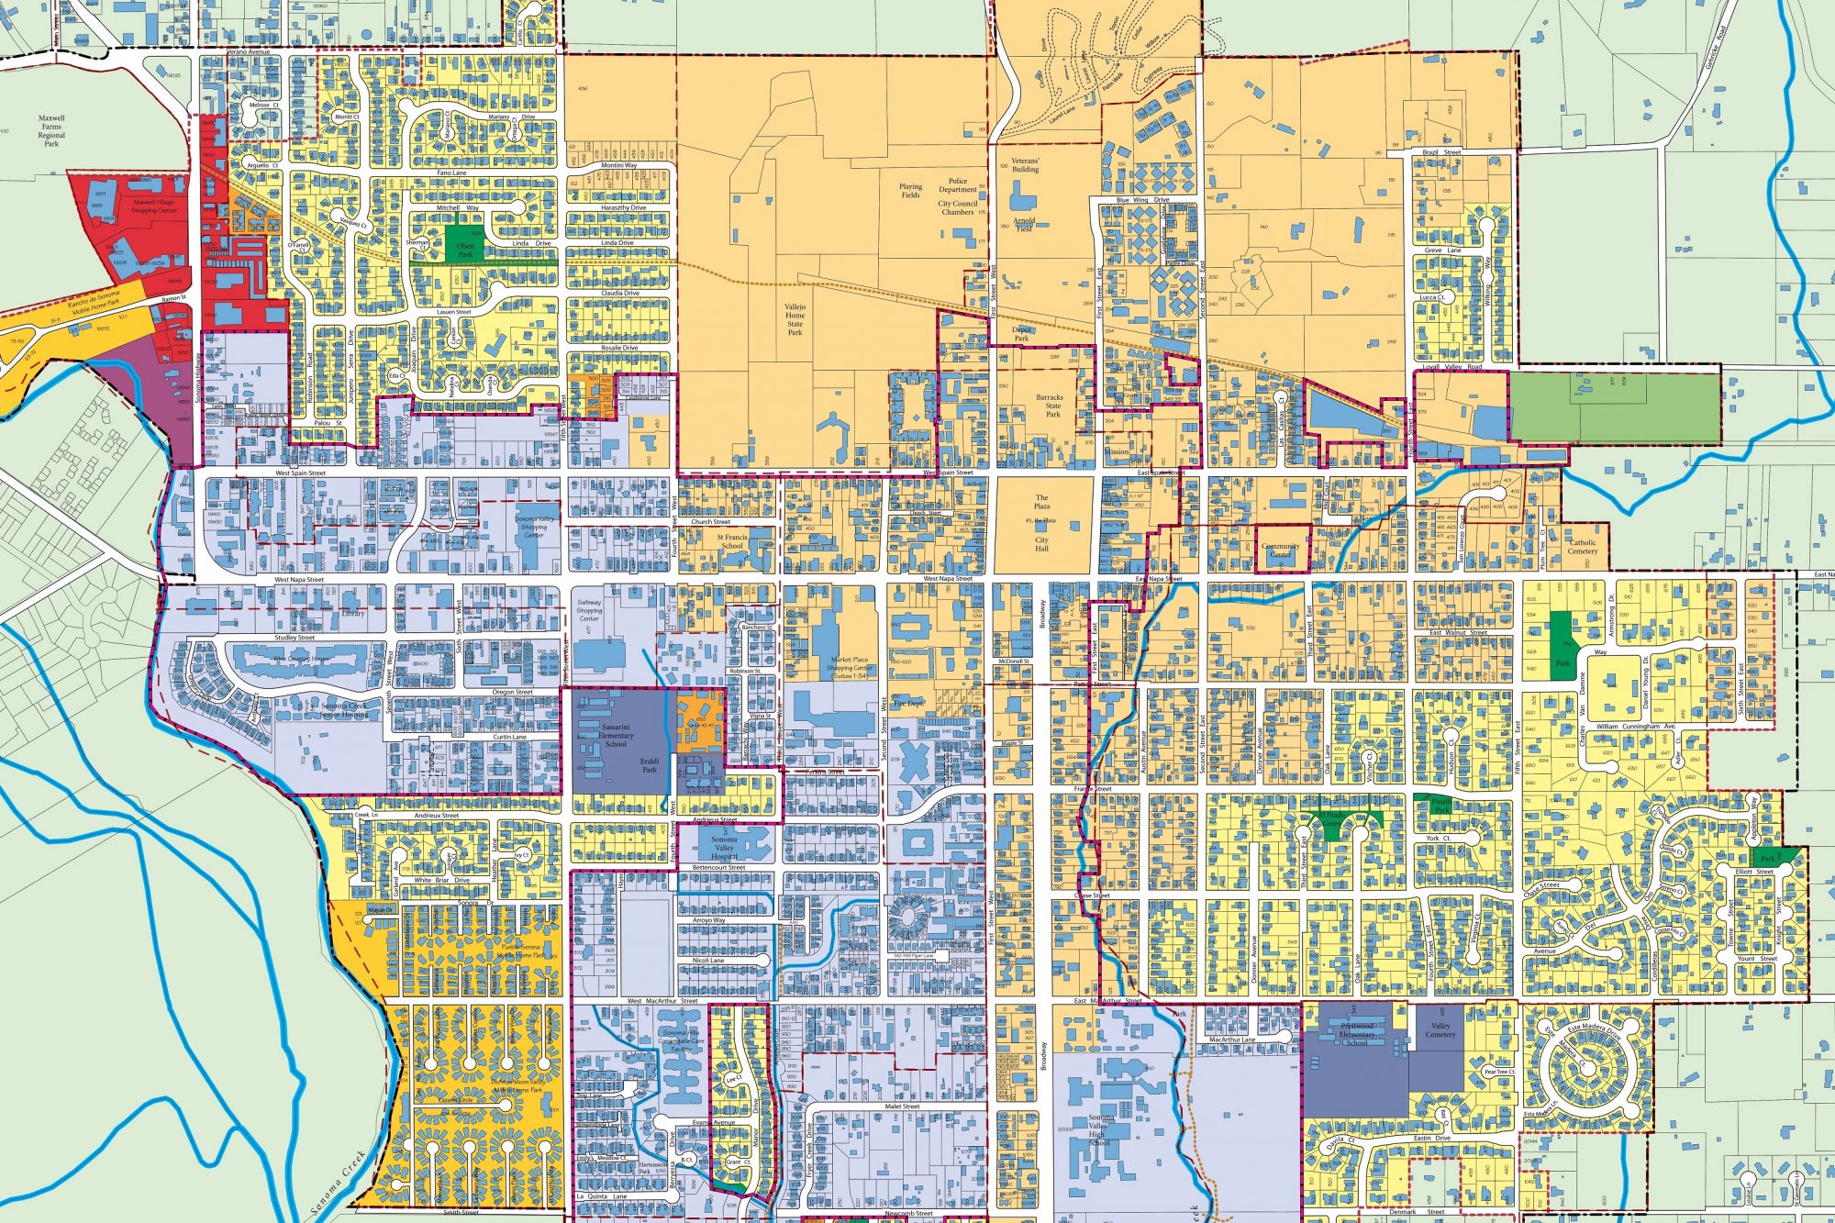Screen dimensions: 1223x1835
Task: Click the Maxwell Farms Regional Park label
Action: [51, 131]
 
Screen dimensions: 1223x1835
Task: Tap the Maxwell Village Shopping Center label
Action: [153, 206]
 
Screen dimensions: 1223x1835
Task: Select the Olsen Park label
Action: [466, 250]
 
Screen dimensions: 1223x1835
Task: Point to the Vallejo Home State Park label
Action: [795, 319]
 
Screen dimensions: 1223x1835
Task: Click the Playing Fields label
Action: [910, 190]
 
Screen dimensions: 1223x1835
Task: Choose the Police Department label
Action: [958, 185]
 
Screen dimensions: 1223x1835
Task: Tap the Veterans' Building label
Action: [1025, 165]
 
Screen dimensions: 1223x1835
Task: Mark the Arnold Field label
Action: [1024, 224]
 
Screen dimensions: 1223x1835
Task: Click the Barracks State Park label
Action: [1050, 406]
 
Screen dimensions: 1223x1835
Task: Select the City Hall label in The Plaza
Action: [1041, 544]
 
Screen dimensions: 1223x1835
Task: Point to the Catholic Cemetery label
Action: [1583, 547]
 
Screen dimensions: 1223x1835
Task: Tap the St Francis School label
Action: [732, 541]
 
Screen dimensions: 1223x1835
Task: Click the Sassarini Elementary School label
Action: [616, 735]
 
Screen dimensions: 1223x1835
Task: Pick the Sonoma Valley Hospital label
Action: [724, 848]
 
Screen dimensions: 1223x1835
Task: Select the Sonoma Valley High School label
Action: [1100, 1129]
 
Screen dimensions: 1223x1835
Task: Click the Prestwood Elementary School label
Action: [1357, 1034]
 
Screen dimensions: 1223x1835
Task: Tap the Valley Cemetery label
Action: [1440, 1029]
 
